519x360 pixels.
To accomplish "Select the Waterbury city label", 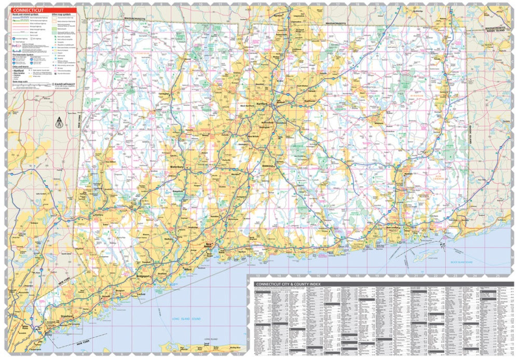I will coord(177,167).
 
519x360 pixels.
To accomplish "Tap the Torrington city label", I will coord(165,94).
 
